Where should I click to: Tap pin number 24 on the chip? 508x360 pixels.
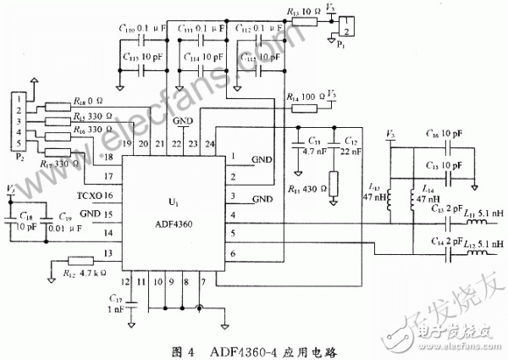pyautogui.click(x=210, y=146)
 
